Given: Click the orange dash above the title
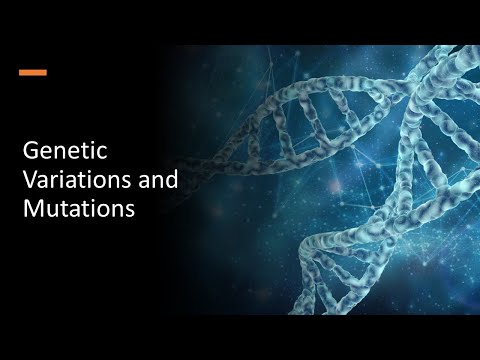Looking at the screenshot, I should [33, 73].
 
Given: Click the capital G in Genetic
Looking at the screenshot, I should [30, 153].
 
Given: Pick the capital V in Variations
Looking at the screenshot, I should [29, 182].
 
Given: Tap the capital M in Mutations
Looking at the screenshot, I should [32, 210].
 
